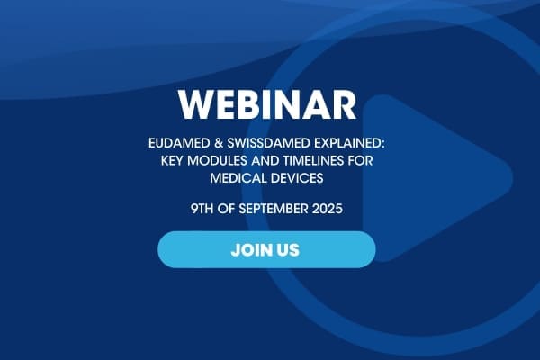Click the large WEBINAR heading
click(267, 104)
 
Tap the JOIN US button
click(266, 250)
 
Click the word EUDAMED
click(179, 143)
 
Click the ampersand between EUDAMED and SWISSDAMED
click(219, 143)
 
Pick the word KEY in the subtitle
click(172, 161)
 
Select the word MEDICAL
click(238, 178)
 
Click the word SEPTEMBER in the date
click(274, 209)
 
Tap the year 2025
click(328, 209)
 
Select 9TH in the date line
click(202, 209)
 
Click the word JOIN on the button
click(248, 250)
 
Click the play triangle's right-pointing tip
click(512, 178)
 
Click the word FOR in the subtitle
click(361, 161)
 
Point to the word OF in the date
click(226, 209)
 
